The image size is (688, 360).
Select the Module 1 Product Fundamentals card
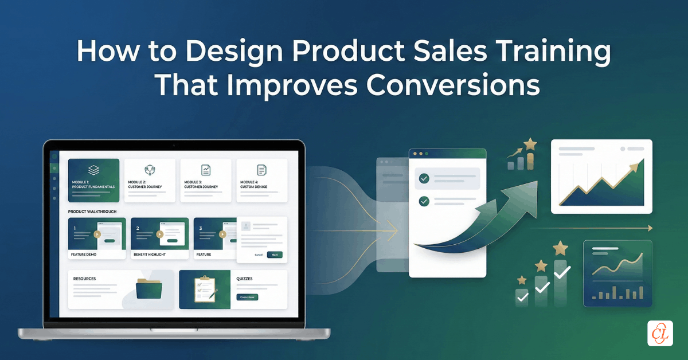[93, 180]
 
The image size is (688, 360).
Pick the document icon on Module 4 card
[262, 170]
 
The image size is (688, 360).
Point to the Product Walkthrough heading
[92, 212]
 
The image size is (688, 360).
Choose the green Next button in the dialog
[275, 255]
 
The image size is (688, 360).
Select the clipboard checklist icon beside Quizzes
[205, 289]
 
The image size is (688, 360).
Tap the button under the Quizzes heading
[247, 297]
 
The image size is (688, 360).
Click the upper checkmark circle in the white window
[424, 179]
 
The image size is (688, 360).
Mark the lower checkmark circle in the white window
[424, 201]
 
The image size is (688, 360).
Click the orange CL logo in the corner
[660, 333]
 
